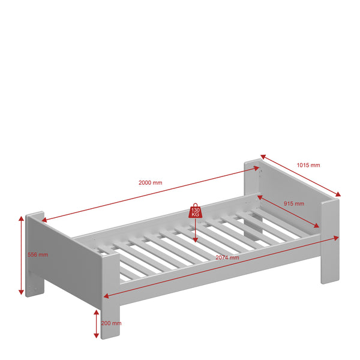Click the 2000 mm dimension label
click(x=150, y=182)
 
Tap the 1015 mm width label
click(x=308, y=165)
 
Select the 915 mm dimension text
click(x=293, y=204)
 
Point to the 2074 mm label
click(x=226, y=257)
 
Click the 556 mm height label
click(x=38, y=254)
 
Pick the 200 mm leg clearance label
click(x=112, y=323)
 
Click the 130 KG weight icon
click(x=196, y=210)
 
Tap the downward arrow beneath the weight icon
click(x=196, y=231)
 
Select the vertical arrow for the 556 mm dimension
click(x=22, y=255)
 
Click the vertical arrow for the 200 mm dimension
click(x=97, y=324)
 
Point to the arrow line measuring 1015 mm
click(x=300, y=177)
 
